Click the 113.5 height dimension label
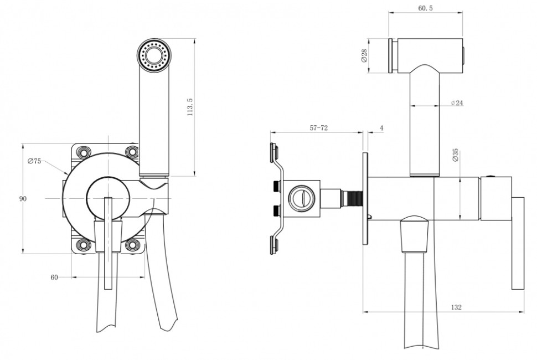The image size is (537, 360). click(190, 107)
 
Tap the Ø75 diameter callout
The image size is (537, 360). click(34, 161)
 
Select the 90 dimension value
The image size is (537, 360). click(23, 199)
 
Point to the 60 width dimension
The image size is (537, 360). click(54, 277)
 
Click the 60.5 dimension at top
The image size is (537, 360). click(425, 8)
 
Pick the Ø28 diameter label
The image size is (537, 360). click(364, 55)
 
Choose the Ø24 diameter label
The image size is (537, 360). click(457, 102)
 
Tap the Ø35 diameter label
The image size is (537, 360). click(455, 155)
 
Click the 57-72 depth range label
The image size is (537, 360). click(319, 128)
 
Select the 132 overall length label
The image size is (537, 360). click(456, 307)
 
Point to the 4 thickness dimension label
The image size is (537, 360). click(382, 128)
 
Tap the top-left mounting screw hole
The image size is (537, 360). click(83, 152)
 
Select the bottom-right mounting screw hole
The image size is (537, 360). click(132, 245)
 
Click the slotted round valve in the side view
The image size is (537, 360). click(301, 198)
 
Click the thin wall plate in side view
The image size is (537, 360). click(365, 199)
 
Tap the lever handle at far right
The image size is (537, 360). click(518, 243)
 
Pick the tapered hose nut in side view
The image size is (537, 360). click(414, 235)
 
